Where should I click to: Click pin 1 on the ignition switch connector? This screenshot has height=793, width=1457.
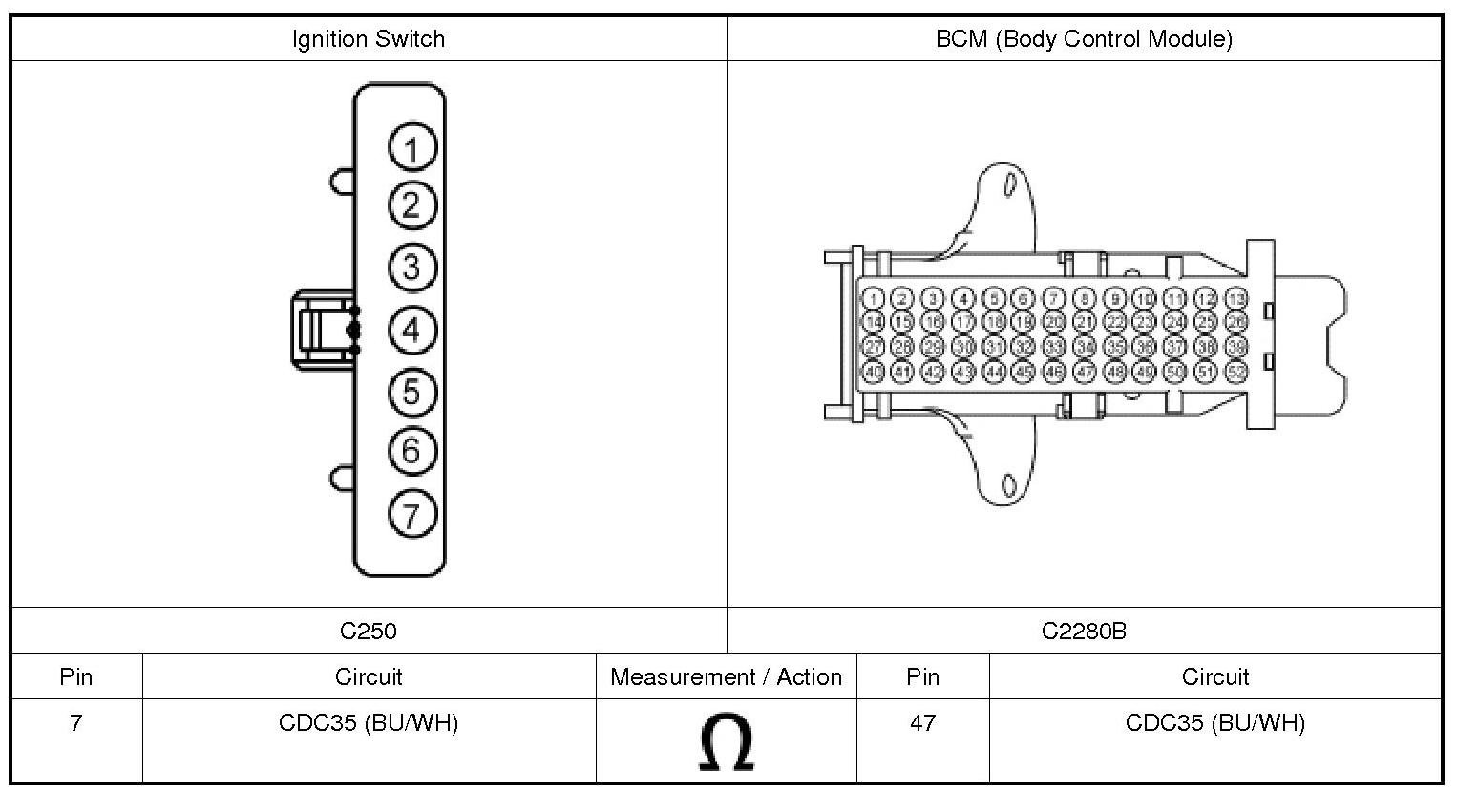(412, 149)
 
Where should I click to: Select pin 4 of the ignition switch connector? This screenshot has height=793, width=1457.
(412, 331)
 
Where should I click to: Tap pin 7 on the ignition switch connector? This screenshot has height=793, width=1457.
(412, 515)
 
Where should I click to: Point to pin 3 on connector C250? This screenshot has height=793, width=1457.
(412, 267)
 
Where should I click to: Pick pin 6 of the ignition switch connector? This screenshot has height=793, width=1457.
(412, 450)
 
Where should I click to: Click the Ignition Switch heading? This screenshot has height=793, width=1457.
(369, 39)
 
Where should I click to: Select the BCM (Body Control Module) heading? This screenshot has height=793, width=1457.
(1084, 39)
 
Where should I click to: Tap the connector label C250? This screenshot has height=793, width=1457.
(369, 631)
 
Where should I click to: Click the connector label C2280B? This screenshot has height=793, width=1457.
(1084, 631)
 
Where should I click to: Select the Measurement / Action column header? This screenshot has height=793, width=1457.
(726, 677)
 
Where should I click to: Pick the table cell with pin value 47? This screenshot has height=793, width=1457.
(922, 723)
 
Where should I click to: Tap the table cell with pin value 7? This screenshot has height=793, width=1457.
(76, 723)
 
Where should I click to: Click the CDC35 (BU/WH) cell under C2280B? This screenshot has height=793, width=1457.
(1214, 723)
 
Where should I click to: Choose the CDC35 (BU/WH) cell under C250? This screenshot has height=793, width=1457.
(369, 723)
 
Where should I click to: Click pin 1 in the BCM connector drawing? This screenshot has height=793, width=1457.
(873, 299)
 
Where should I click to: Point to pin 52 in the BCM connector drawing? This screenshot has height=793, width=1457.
(1236, 372)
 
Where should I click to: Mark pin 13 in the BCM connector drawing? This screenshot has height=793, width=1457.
(1236, 299)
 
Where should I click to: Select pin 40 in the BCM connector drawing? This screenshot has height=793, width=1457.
(873, 372)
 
